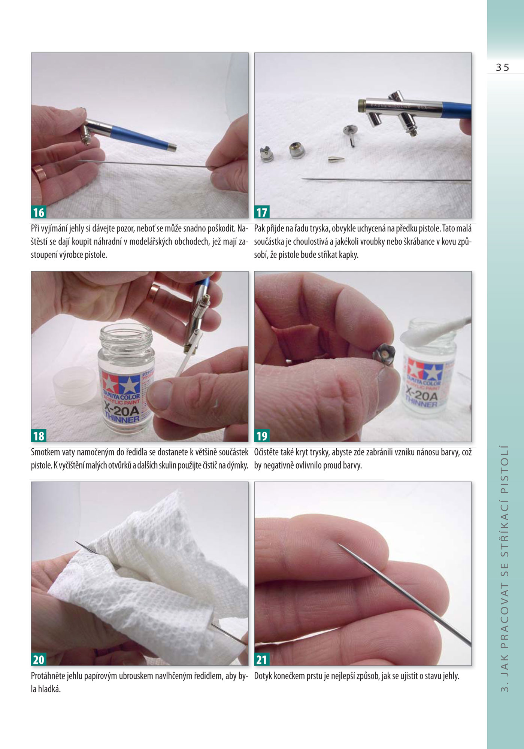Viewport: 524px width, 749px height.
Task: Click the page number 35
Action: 503,67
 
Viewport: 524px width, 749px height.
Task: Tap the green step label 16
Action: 39,212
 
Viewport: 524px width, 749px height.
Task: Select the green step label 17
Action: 262,212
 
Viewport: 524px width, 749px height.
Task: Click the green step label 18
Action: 39,436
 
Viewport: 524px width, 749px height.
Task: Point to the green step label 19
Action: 262,436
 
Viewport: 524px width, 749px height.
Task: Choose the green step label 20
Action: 39,659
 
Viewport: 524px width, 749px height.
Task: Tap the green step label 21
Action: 262,659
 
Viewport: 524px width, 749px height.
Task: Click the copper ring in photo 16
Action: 39,173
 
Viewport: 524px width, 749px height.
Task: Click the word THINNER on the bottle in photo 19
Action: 422,402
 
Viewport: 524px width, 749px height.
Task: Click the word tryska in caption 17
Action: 319,228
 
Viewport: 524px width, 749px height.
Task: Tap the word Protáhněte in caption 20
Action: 48,676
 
